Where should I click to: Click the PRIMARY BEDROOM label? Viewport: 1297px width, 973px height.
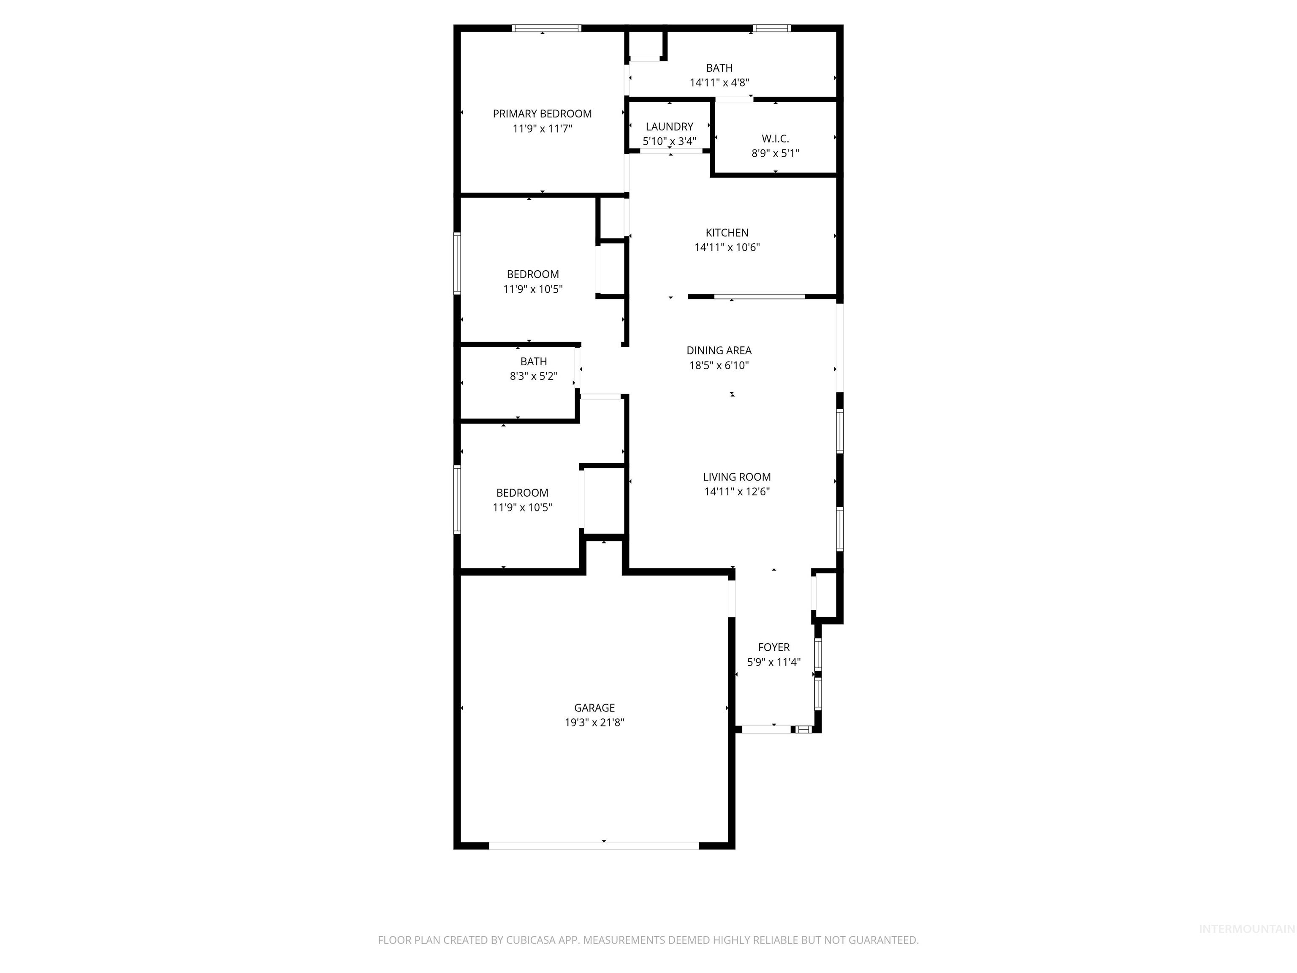pos(542,114)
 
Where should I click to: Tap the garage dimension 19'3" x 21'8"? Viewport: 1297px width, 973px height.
pos(594,723)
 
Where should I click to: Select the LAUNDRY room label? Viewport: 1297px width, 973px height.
pos(669,127)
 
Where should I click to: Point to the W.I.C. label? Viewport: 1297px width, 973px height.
pos(775,139)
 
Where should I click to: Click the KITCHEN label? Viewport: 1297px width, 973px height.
pos(727,233)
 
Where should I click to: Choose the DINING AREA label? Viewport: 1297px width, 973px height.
pos(719,351)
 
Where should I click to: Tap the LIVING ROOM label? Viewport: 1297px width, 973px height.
pos(736,477)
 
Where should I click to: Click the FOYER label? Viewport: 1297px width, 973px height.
pos(773,647)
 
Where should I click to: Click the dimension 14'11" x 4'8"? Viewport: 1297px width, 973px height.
pos(719,83)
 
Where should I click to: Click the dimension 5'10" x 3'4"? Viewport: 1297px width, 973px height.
pos(669,141)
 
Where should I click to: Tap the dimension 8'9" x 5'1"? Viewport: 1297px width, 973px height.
pos(775,154)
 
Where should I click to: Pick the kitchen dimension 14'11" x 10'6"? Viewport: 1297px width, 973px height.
pos(727,247)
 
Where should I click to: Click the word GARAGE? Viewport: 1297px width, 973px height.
pos(594,708)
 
